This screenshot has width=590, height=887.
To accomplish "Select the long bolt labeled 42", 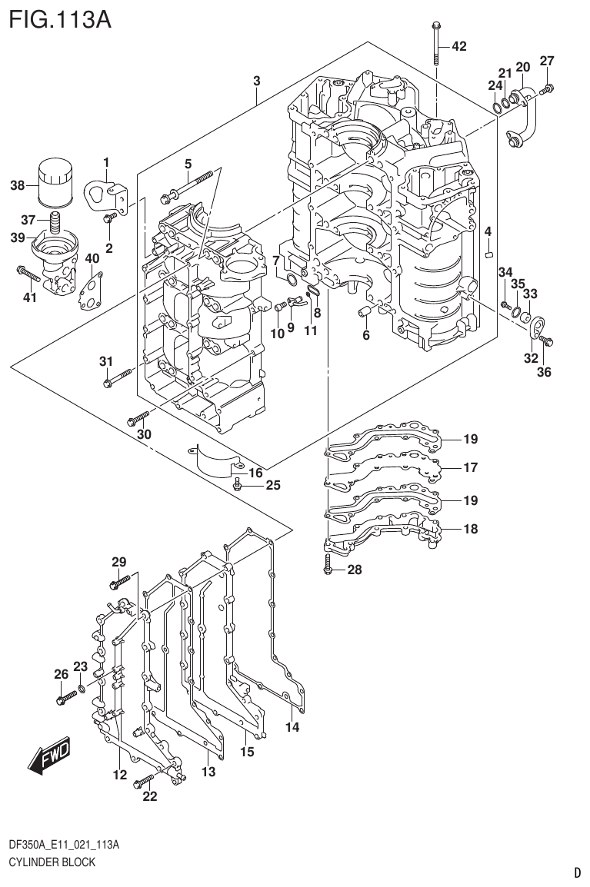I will [436, 44].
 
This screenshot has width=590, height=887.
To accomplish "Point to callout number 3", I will [256, 81].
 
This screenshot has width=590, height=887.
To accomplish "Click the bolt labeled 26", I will [66, 697].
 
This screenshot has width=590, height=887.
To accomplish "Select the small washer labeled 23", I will [82, 687].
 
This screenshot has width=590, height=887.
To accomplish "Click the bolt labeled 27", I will [547, 90].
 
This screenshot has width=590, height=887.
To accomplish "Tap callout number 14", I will [291, 726].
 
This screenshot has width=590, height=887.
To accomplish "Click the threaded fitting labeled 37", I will [55, 224].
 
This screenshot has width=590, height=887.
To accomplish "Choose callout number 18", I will [471, 529].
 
